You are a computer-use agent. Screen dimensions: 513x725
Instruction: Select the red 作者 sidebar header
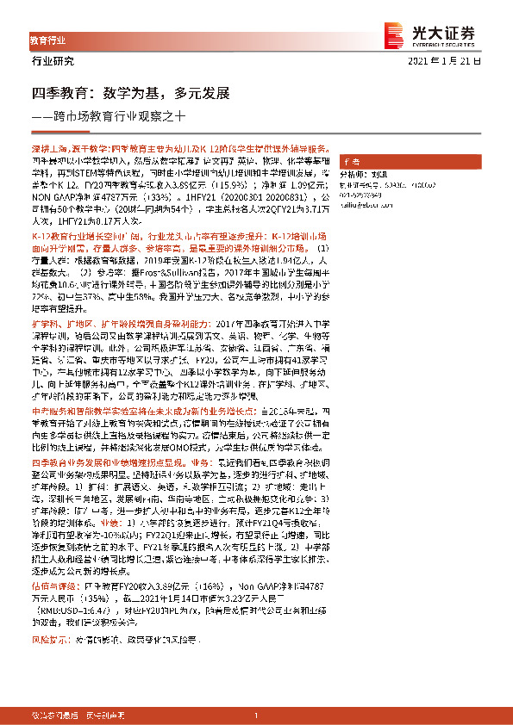pos(350,161)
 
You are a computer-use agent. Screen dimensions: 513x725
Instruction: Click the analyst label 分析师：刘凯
pos(362,174)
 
